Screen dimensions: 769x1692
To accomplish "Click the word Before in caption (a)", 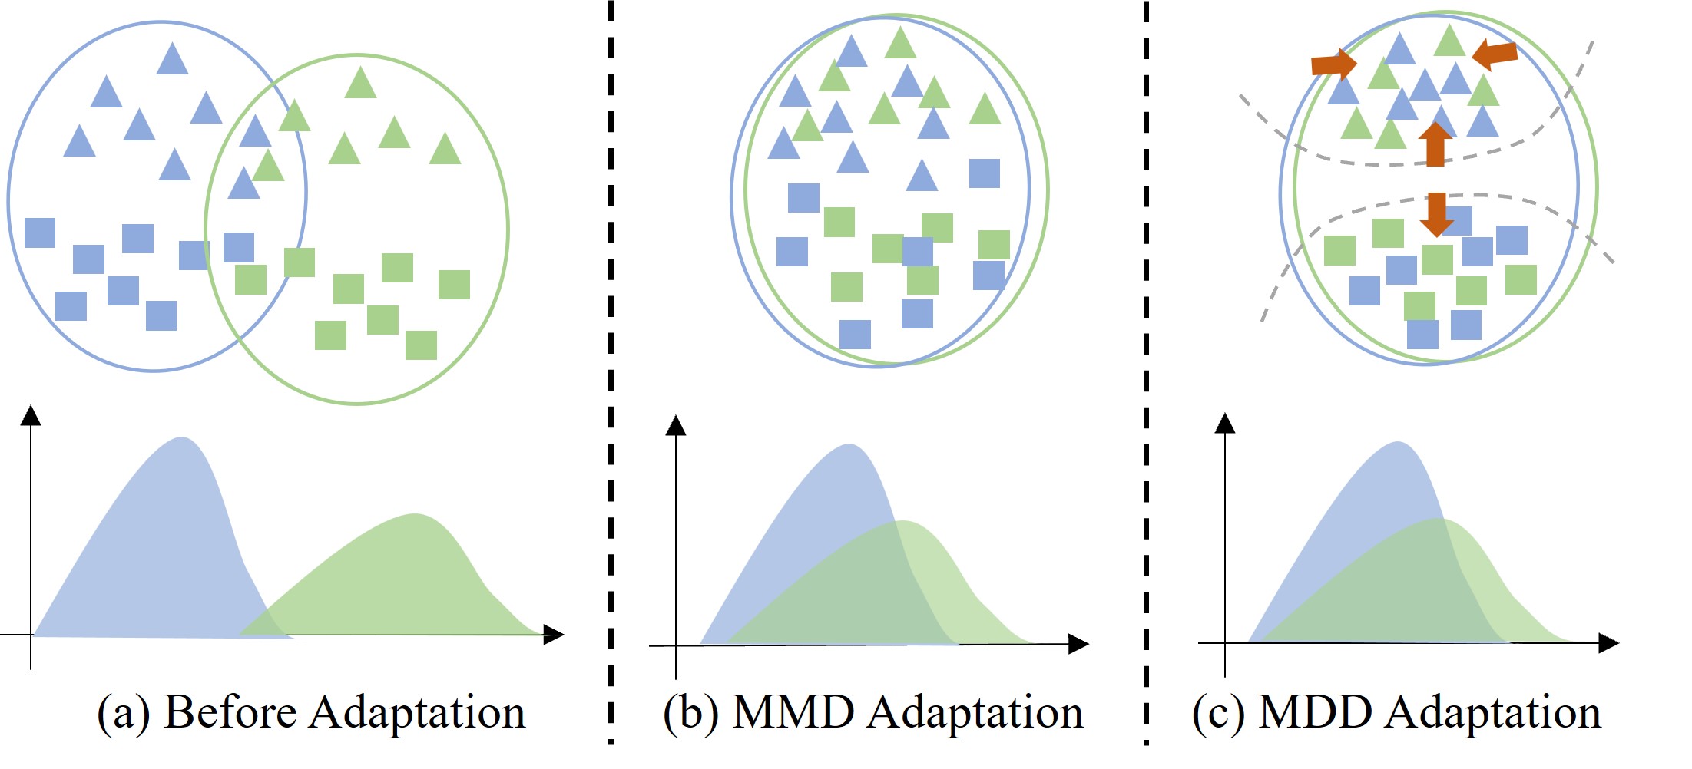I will pos(230,712).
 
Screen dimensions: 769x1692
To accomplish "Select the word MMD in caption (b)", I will pos(793,712).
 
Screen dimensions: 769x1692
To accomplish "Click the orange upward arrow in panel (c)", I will pos(1435,144).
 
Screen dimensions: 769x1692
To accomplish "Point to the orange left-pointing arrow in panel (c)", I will pos(1495,54).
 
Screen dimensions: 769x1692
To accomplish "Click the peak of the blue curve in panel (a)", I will pos(181,439).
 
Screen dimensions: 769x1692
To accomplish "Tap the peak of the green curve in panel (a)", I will pos(415,515).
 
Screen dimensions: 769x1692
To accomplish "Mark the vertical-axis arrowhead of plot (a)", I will pos(31,415).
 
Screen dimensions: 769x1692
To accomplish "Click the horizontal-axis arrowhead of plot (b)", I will pos(1078,644).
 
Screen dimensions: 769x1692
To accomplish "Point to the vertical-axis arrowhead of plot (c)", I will pos(1225,423).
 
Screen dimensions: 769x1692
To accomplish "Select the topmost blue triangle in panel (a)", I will pos(172,59).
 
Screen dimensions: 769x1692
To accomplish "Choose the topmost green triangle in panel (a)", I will pos(360,83).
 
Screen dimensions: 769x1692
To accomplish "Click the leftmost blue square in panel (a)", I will pos(40,233).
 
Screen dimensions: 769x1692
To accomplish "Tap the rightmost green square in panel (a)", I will pos(454,285).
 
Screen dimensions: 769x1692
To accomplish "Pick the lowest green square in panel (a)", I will pos(421,345).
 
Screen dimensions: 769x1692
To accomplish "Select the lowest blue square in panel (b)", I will pos(855,335).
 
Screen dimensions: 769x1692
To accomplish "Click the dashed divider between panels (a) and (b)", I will pos(611,368).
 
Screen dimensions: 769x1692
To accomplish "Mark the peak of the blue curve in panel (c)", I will pos(1398,443).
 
